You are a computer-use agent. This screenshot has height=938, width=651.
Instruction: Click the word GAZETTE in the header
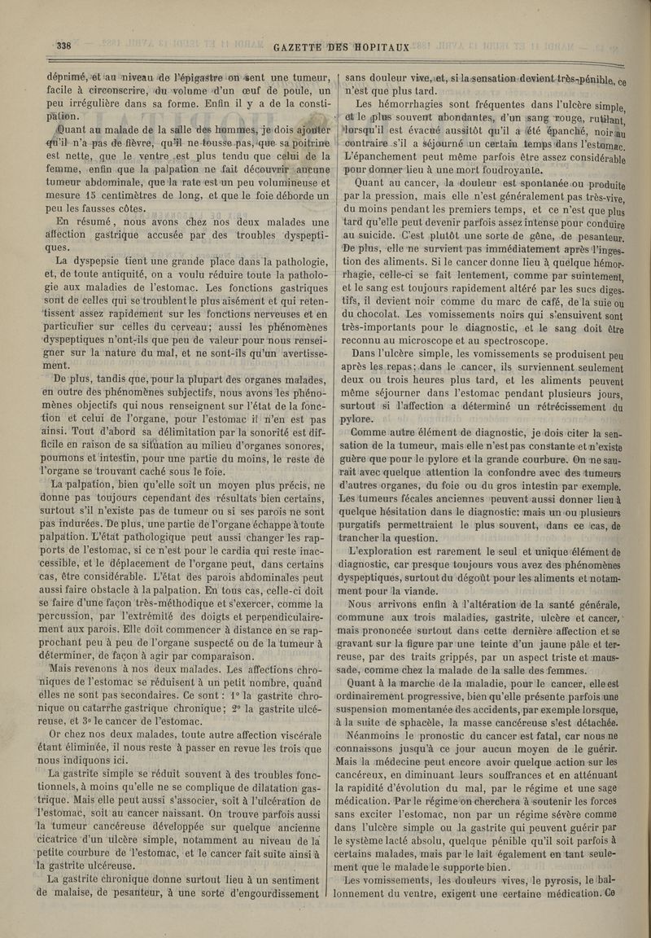click(305, 47)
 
